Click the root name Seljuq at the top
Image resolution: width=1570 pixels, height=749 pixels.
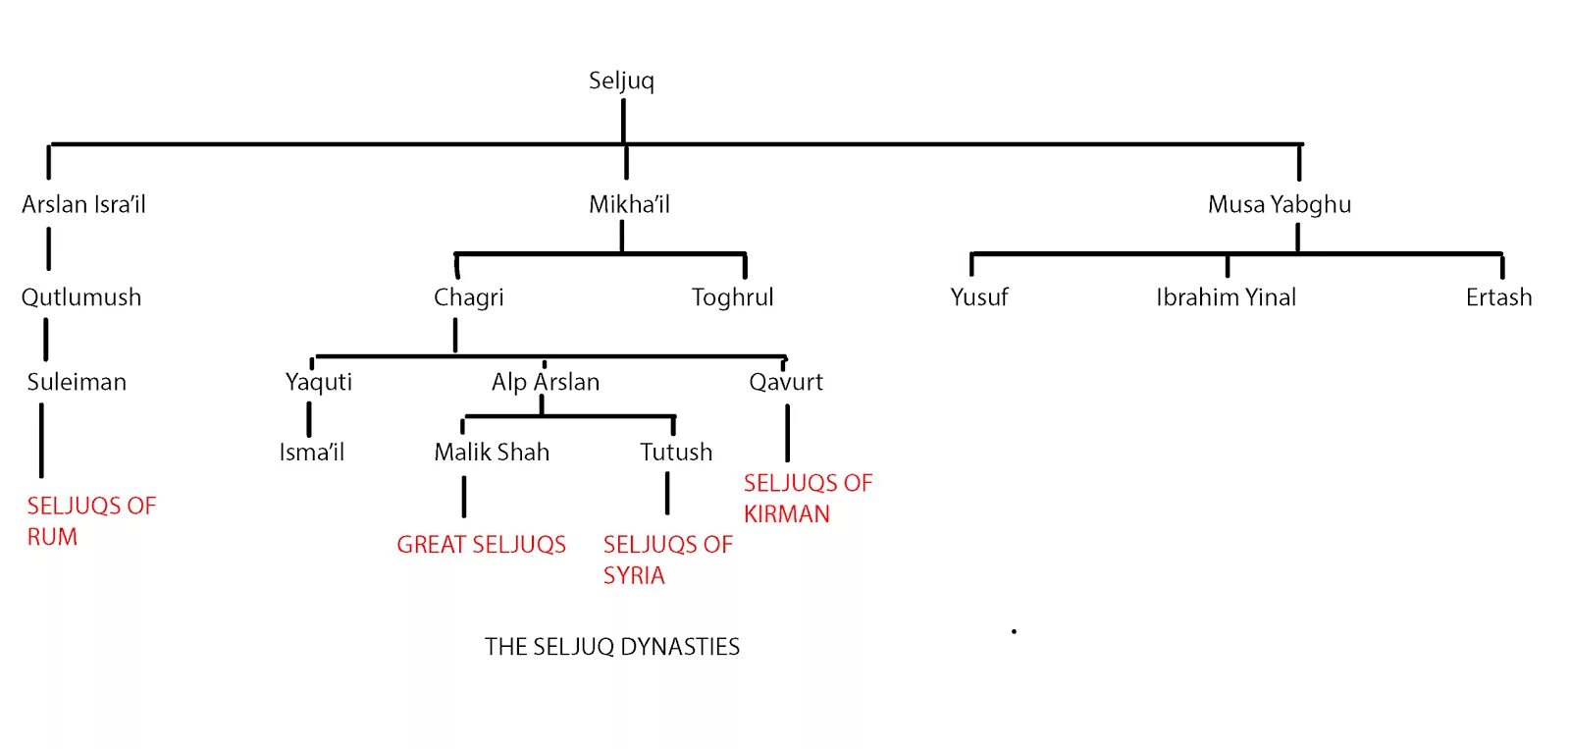(621, 80)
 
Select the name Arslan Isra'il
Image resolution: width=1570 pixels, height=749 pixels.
(83, 204)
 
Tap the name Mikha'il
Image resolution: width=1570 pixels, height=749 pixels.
(629, 204)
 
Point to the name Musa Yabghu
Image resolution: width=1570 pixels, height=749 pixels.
(1279, 204)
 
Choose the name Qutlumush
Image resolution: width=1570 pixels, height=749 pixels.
(81, 297)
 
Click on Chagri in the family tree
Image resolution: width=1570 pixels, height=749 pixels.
(468, 297)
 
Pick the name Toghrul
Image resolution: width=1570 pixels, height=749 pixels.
(732, 297)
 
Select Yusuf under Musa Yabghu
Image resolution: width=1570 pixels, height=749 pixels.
(978, 297)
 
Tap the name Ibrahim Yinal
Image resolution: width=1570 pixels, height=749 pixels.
(1226, 297)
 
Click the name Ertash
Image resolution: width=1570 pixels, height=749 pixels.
(1498, 297)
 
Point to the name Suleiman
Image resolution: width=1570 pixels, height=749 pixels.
(77, 382)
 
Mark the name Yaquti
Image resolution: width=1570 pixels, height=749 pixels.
(318, 382)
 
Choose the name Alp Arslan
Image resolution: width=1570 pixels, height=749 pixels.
(546, 382)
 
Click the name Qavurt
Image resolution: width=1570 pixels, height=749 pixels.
(786, 382)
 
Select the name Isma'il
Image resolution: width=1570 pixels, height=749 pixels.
(311, 453)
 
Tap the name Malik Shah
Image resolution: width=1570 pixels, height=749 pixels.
(492, 453)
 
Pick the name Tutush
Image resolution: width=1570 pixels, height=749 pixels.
(676, 453)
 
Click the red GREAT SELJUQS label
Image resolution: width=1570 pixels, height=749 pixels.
(481, 545)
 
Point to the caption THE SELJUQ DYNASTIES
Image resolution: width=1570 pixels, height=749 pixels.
(612, 647)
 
